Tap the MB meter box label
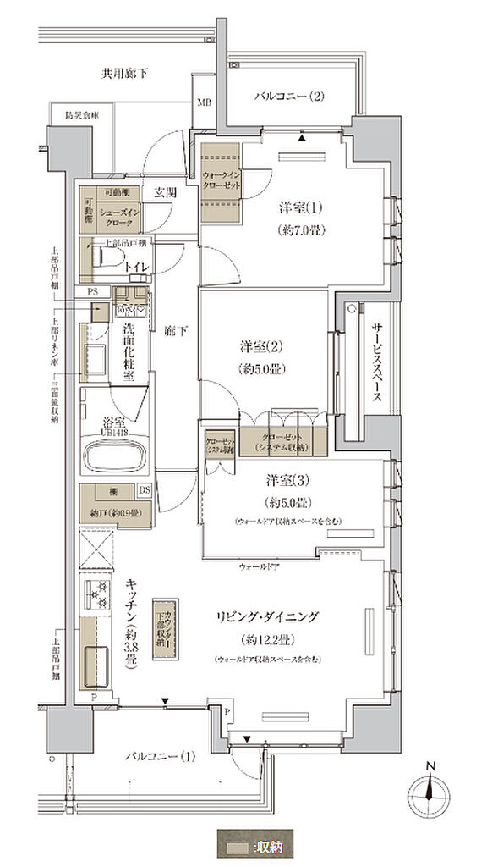tap(205, 102)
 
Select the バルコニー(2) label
tap(290, 97)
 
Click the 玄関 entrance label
tap(165, 192)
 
